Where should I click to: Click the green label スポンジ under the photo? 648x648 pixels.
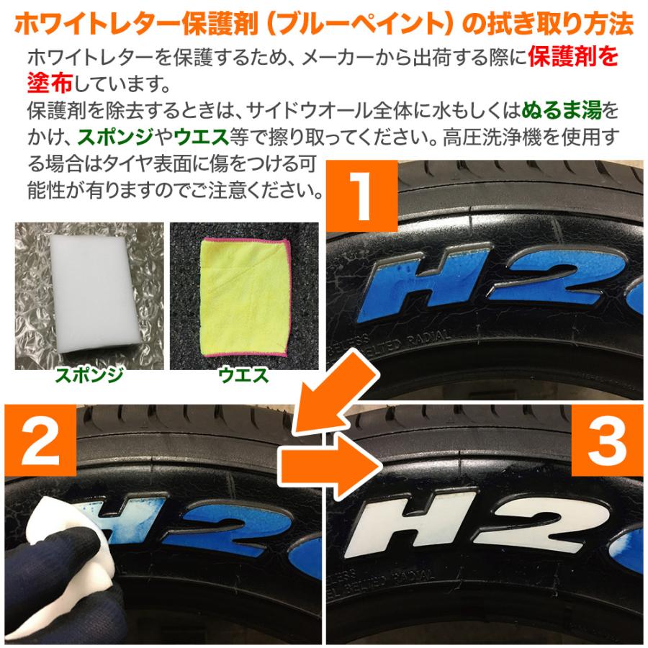pos(89,374)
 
